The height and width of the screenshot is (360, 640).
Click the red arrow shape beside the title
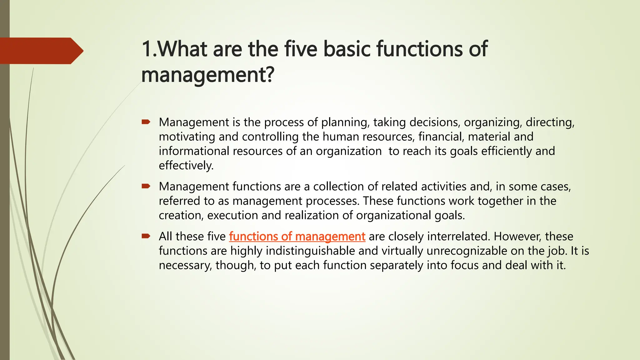click(x=41, y=51)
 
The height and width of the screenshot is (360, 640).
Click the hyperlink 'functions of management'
click(x=297, y=237)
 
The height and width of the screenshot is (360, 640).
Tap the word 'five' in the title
click(x=300, y=49)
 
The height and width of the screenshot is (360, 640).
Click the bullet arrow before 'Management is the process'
click(x=146, y=122)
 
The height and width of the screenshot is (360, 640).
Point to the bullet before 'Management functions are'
click(x=146, y=186)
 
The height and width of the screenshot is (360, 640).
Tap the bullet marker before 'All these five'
click(x=146, y=236)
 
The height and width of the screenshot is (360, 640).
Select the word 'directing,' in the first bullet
click(x=550, y=122)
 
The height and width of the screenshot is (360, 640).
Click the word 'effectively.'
click(x=186, y=166)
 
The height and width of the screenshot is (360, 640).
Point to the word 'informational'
click(x=194, y=151)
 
